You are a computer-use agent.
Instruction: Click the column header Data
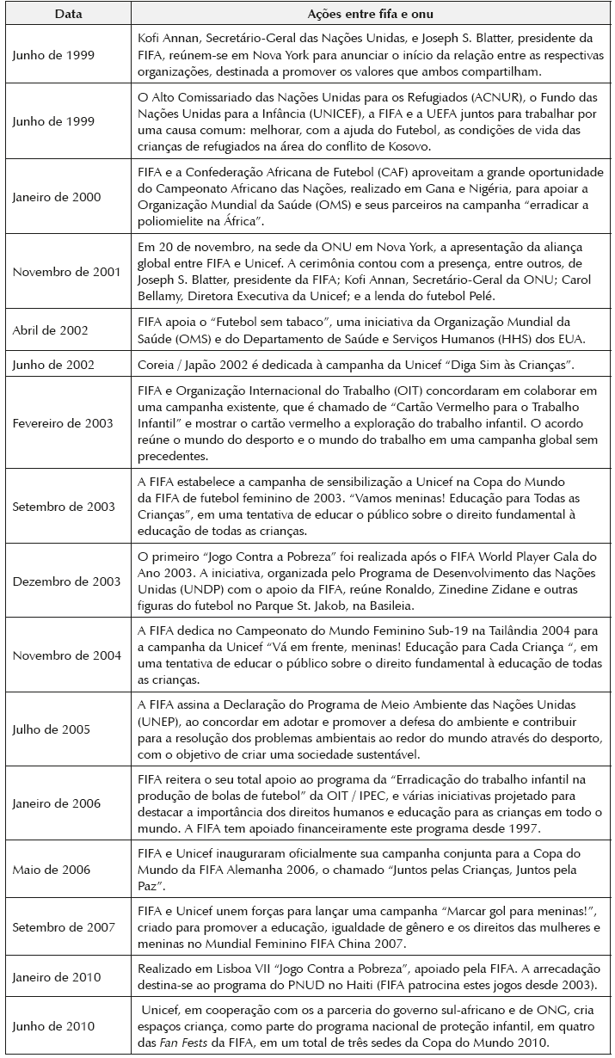(x=66, y=15)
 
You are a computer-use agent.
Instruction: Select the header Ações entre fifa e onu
(x=370, y=15)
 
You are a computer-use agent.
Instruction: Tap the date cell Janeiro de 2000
(x=57, y=197)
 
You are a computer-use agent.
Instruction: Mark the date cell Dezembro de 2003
(x=65, y=581)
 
